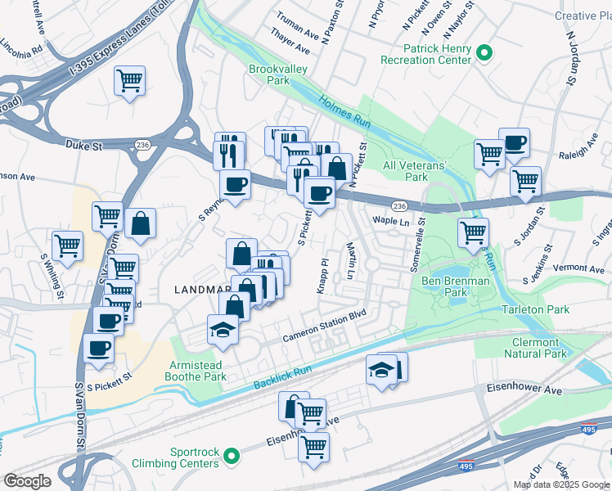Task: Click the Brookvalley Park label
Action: tap(279, 75)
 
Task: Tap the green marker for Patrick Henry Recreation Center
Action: tap(484, 54)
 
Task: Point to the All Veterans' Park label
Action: tap(416, 171)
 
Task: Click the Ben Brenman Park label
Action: tap(456, 287)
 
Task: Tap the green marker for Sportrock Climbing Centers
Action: tap(232, 455)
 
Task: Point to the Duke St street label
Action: tap(83, 144)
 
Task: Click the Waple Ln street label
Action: tap(390, 221)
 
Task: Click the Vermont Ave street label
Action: tap(578, 268)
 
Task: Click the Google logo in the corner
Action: tap(27, 480)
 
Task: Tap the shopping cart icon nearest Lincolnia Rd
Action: tap(129, 80)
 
